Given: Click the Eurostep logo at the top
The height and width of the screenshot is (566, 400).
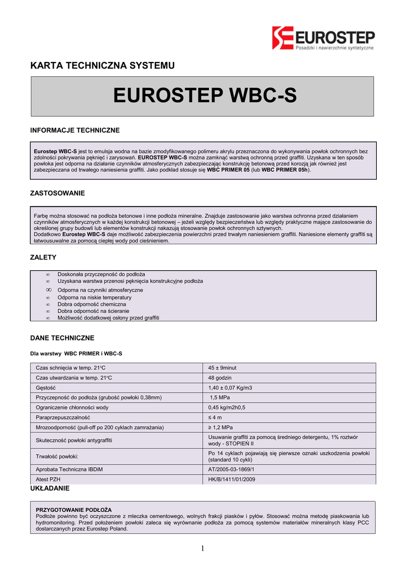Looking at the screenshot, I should click(x=323, y=38).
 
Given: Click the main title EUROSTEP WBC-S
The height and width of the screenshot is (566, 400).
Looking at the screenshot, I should click(x=204, y=96).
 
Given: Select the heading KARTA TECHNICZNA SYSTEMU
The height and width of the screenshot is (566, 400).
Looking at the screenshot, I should click(x=102, y=66).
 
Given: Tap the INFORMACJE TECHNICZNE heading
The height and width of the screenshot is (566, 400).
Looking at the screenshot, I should click(x=74, y=130).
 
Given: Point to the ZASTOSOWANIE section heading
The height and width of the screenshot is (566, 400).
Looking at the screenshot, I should click(x=57, y=193).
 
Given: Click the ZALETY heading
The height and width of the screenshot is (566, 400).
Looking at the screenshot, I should click(x=43, y=258).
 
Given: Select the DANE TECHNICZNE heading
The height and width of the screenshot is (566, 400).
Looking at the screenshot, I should click(x=62, y=338).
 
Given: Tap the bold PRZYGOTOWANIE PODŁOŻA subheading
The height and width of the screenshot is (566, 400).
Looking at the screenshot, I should click(x=73, y=509).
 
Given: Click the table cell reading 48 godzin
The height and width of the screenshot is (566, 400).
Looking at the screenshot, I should click(x=220, y=378).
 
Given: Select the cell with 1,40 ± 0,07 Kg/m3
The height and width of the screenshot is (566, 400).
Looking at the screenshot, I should click(x=230, y=387).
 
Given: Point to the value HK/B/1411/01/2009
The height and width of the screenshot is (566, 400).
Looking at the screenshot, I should click(x=231, y=479).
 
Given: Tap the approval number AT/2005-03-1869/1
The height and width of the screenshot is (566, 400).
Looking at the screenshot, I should click(x=231, y=469).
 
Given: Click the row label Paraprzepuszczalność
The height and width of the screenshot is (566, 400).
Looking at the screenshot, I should click(x=62, y=417).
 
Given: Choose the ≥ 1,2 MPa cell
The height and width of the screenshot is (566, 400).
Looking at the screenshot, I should click(x=220, y=427).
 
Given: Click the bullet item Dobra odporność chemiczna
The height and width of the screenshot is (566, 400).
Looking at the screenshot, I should click(x=92, y=304).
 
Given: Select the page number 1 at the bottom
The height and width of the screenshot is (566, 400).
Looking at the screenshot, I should click(x=202, y=548).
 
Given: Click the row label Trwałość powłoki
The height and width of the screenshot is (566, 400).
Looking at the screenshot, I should click(x=57, y=456).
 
